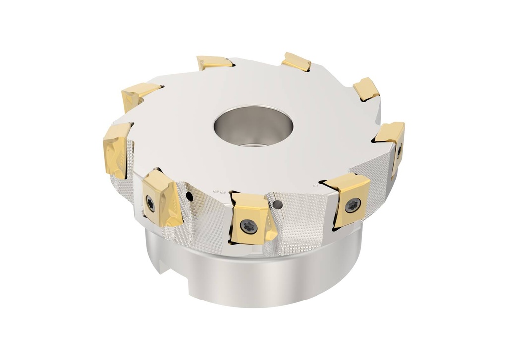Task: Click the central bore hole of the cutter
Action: pos(253,125)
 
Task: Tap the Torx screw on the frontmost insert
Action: pos(249,226)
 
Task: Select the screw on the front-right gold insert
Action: pos(353,204)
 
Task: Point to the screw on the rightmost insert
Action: pos(399,151)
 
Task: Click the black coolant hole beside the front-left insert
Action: pos(189,197)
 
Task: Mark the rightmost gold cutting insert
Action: pos(392,141)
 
